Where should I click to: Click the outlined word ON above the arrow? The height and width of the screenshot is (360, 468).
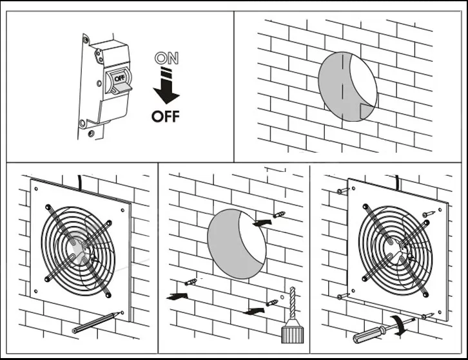coord(166,58)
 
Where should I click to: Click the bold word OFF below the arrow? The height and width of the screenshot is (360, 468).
coord(166,117)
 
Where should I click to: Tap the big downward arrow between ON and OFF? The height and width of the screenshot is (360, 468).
coord(166,86)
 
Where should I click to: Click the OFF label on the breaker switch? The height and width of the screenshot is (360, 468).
coord(119,79)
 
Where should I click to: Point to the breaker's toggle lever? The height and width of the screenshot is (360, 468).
coord(122,88)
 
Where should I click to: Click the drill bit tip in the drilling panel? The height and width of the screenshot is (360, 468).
coord(292,288)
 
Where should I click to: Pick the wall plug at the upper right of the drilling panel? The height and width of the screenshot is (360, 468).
coord(279,214)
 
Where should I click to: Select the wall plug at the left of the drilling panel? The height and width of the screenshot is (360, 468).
coord(191,282)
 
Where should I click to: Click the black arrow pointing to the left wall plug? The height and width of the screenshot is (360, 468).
coord(177,296)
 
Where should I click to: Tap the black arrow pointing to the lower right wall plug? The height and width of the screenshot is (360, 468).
coord(254,311)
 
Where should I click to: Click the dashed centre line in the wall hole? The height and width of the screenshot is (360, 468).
coord(342,86)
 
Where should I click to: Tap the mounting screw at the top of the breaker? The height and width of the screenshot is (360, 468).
coord(86,39)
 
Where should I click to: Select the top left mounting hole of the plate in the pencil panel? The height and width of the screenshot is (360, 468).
coord(36,189)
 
